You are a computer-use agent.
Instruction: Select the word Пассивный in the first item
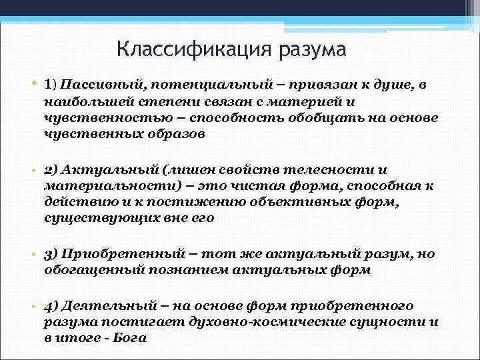[102, 85]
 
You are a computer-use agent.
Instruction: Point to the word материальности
[101, 186]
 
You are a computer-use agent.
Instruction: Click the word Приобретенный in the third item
[119, 255]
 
